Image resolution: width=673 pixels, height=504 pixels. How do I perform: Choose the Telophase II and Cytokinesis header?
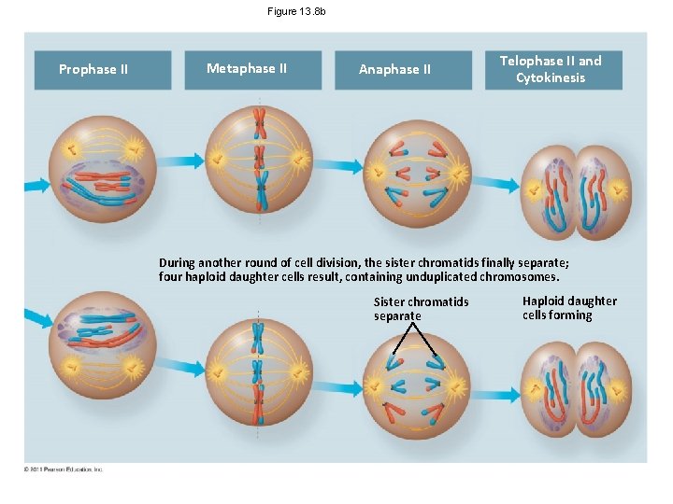click(552, 69)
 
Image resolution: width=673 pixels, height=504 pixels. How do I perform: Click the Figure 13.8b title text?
click(296, 11)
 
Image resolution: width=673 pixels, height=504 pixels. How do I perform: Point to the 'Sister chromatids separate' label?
click(421, 309)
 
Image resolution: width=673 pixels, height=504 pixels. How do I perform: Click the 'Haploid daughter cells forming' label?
click(569, 308)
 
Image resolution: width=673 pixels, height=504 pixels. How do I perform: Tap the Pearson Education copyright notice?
click(64, 469)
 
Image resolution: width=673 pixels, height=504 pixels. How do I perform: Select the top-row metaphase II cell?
click(260, 160)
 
